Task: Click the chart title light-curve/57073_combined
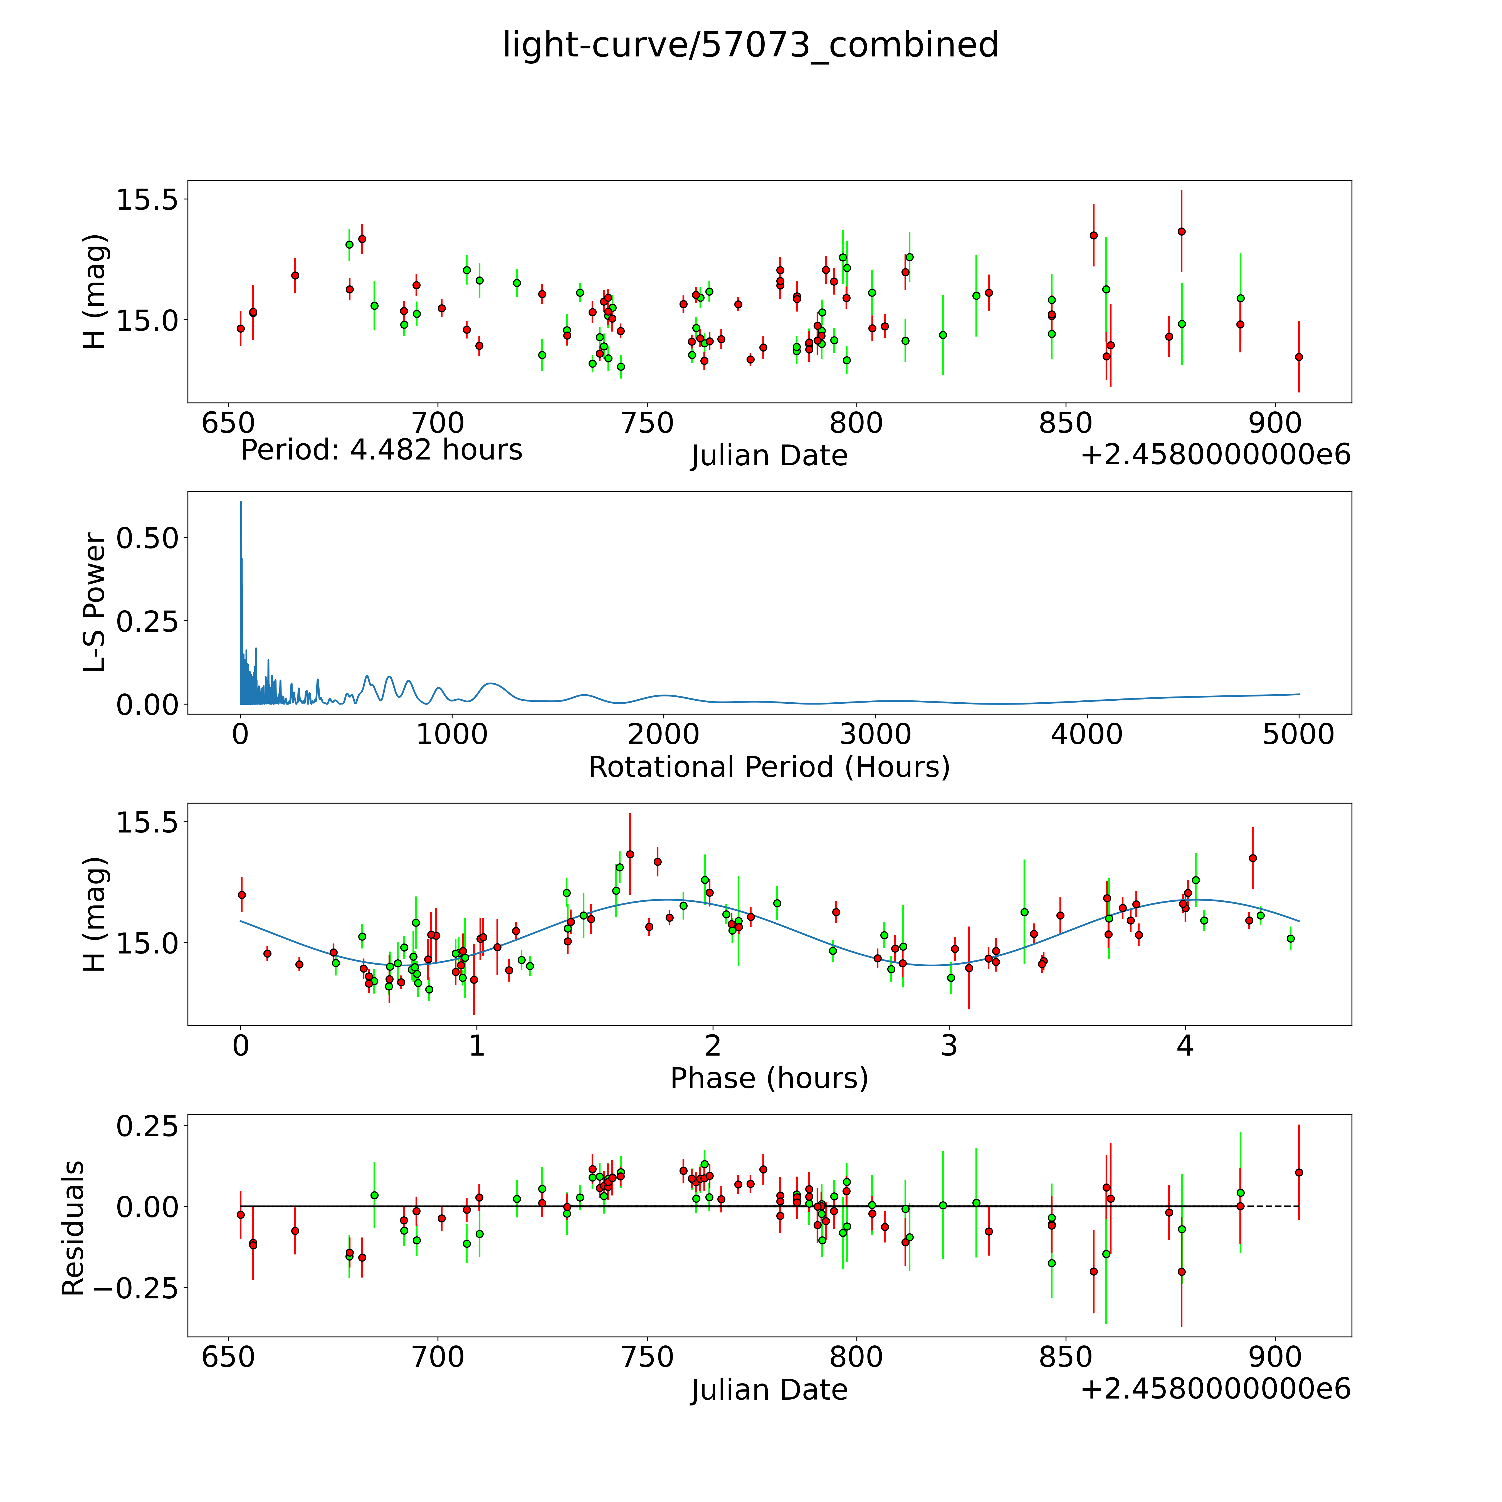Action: tap(750, 45)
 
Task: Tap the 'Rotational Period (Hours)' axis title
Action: tap(769, 767)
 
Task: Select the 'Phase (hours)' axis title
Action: tap(769, 1078)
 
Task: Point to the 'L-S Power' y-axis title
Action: tap(95, 602)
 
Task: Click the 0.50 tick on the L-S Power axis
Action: tap(148, 538)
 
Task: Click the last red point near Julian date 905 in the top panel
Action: tap(1298, 357)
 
